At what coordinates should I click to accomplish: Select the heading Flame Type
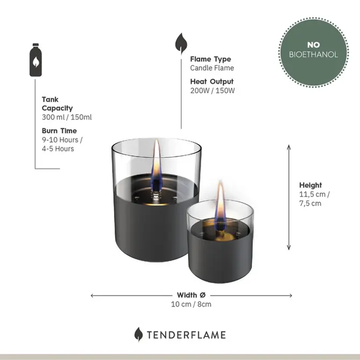[211, 59]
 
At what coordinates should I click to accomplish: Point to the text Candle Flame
[212, 68]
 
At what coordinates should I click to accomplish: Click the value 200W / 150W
[212, 90]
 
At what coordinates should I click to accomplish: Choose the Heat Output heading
[212, 82]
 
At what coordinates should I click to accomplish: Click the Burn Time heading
[59, 131]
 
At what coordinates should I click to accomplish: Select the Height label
[311, 185]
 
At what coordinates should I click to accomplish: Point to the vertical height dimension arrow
[289, 197]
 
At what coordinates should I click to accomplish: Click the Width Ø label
[191, 295]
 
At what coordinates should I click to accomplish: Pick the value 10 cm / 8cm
[191, 304]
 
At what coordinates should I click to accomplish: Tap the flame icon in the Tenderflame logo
[139, 334]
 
